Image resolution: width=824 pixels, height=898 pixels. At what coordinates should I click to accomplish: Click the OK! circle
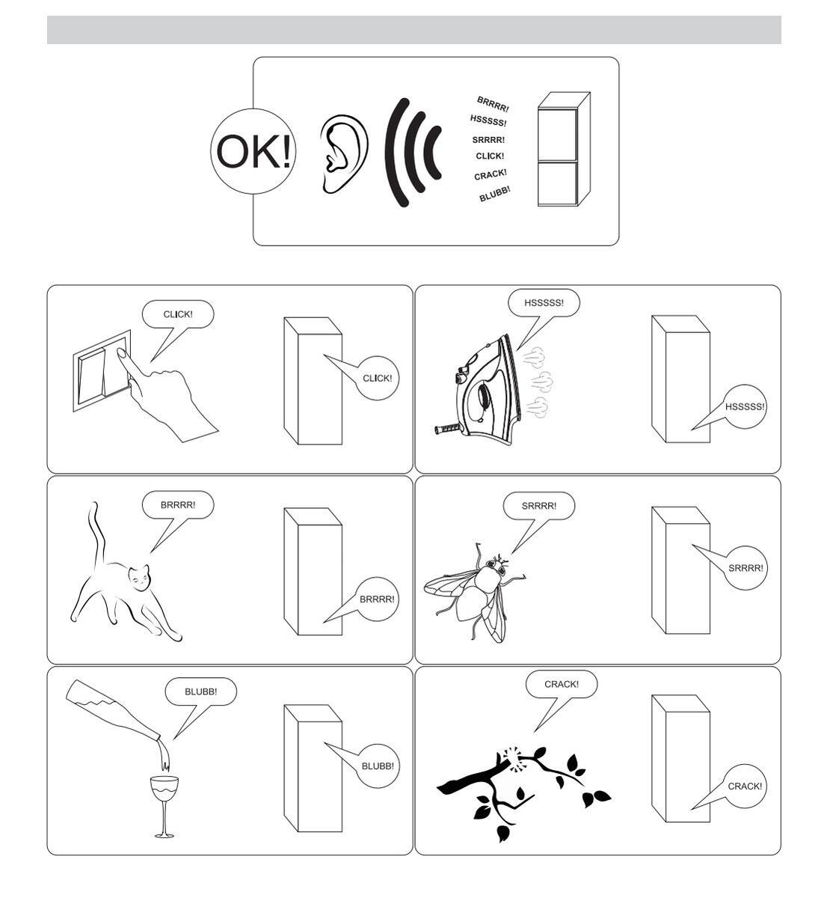click(253, 151)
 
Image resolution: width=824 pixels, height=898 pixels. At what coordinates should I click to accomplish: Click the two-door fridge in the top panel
click(563, 149)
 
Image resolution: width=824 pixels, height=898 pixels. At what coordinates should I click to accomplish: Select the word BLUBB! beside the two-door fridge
click(494, 194)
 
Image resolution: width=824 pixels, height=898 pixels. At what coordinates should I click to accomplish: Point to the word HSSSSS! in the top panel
click(488, 120)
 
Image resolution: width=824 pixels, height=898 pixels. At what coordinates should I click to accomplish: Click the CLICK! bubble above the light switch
click(178, 314)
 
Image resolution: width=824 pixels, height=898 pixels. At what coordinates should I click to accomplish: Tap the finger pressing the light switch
click(128, 361)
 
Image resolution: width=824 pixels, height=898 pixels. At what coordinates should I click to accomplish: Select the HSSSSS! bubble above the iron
click(544, 302)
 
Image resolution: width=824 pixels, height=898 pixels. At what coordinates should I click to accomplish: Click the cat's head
click(139, 578)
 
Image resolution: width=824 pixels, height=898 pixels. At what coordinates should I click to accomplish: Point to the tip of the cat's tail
click(94, 504)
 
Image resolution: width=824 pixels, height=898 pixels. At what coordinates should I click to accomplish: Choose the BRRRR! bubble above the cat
click(178, 505)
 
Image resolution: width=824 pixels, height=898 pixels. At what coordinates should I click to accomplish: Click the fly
click(475, 593)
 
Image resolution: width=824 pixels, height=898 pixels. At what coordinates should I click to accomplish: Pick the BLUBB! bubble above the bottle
click(200, 691)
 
